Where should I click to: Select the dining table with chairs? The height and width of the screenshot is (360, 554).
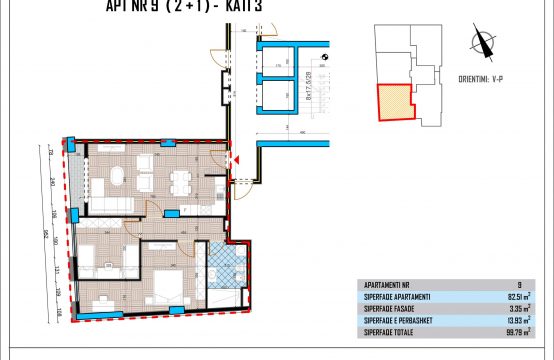[181, 181]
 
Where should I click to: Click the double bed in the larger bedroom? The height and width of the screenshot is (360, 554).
[169, 284]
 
